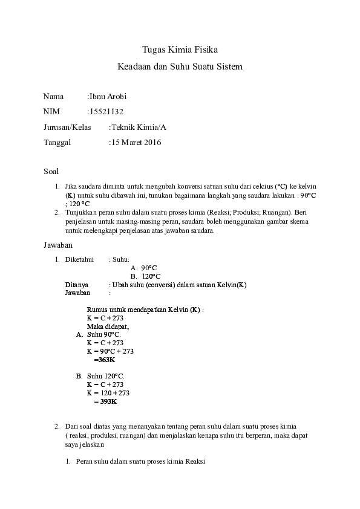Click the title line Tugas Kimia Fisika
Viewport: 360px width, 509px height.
tap(180, 50)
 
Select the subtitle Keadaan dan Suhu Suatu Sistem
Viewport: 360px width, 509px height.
tap(180, 66)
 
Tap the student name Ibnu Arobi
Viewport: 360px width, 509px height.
tap(108, 96)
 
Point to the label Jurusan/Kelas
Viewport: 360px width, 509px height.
tap(67, 127)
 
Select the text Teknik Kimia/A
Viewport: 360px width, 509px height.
tap(139, 127)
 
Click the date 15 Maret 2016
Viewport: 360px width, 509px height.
tap(136, 143)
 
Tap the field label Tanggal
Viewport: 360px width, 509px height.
tap(57, 143)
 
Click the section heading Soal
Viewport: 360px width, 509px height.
tap(51, 172)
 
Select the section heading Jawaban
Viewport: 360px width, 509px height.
tap(58, 245)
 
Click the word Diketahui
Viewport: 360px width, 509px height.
tap(79, 259)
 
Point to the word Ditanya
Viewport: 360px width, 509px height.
tap(77, 285)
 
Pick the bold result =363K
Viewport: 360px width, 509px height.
tap(105, 360)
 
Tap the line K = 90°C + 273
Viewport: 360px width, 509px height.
tap(110, 351)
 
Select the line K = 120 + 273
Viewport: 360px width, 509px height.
tap(108, 393)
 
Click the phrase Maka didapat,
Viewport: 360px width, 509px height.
tap(108, 327)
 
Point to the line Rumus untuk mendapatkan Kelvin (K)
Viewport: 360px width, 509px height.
tap(145, 310)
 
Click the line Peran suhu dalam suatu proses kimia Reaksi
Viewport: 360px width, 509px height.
tap(140, 462)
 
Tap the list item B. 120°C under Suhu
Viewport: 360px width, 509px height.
tap(146, 277)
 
